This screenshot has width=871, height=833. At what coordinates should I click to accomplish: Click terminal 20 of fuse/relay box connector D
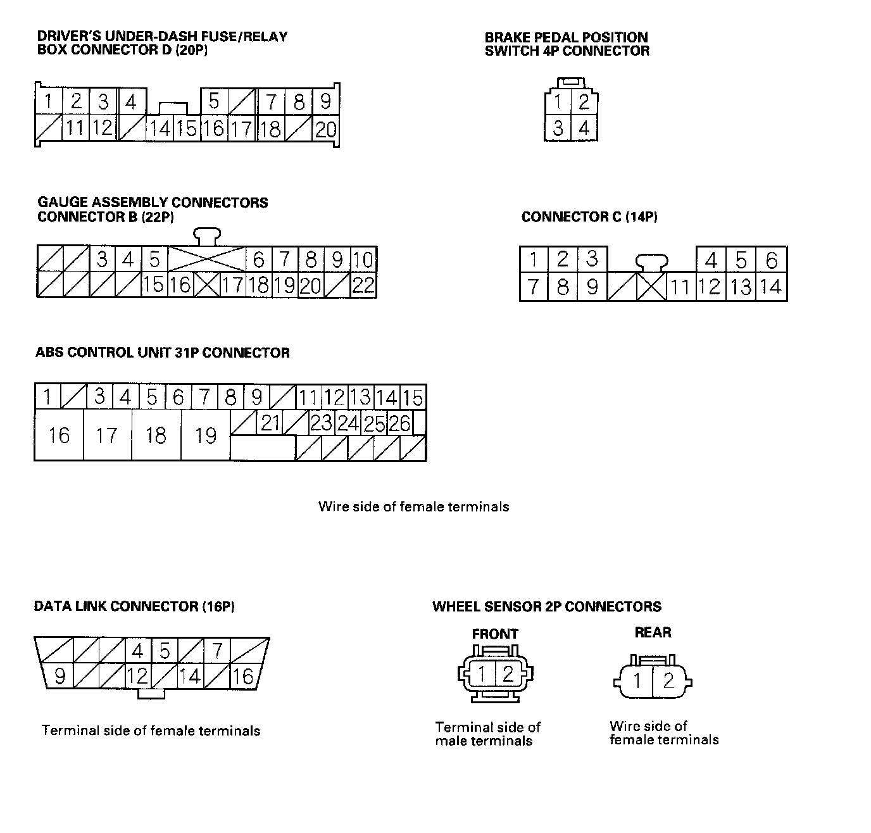point(325,129)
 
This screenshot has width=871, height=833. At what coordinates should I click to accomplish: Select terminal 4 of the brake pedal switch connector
point(584,128)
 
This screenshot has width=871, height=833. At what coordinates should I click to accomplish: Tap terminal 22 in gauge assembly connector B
point(363,285)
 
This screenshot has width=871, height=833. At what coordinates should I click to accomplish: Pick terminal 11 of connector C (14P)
point(680,287)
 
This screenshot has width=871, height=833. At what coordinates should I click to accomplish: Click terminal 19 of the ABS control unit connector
point(206,435)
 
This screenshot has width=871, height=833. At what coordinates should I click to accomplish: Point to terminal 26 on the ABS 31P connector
point(399,423)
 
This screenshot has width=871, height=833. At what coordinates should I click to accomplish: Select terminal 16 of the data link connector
point(243,676)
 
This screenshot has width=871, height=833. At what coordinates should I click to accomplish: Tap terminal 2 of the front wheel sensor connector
point(508,674)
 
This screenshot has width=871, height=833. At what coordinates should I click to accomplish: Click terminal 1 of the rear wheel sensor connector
point(638,682)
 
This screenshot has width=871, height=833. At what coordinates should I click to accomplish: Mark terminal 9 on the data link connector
point(60,676)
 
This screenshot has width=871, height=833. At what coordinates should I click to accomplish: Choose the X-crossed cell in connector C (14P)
point(651,287)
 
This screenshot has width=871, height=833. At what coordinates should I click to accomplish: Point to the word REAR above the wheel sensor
point(653,632)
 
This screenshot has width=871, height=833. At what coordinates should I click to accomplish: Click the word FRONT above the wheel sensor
point(495,634)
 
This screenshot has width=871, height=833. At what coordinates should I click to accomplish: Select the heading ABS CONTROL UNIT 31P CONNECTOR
point(163,353)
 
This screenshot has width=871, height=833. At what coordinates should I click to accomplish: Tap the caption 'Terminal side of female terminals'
point(151,730)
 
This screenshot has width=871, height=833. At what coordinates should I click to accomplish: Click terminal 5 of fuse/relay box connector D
point(214,101)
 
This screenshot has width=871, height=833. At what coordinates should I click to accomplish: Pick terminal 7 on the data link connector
point(217,650)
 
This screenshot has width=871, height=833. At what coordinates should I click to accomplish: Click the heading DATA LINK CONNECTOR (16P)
point(134,606)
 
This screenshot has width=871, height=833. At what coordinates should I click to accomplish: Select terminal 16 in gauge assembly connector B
point(180,285)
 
